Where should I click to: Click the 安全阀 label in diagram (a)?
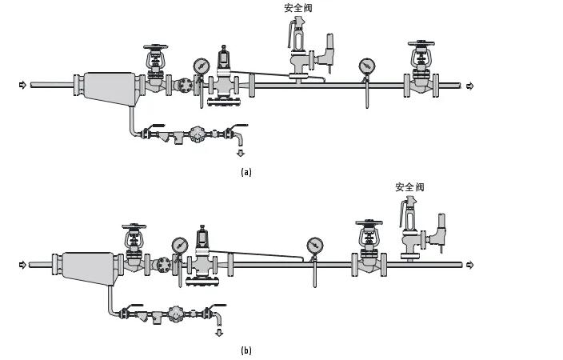pyautogui.click(x=297, y=8)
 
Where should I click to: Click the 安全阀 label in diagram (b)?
pyautogui.click(x=409, y=186)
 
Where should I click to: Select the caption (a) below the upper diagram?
pyautogui.click(x=246, y=172)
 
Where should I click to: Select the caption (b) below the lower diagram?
pyautogui.click(x=246, y=350)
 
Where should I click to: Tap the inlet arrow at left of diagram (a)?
pyautogui.click(x=23, y=85)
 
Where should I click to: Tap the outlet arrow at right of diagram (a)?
pyautogui.click(x=470, y=86)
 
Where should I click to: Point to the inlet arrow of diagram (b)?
pyautogui.click(x=23, y=264)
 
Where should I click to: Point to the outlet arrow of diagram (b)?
pyautogui.click(x=470, y=265)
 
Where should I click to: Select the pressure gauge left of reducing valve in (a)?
pyautogui.click(x=200, y=66)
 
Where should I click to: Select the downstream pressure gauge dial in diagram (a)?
pyautogui.click(x=367, y=66)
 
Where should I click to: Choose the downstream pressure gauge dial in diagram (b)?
pyautogui.click(x=313, y=245)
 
